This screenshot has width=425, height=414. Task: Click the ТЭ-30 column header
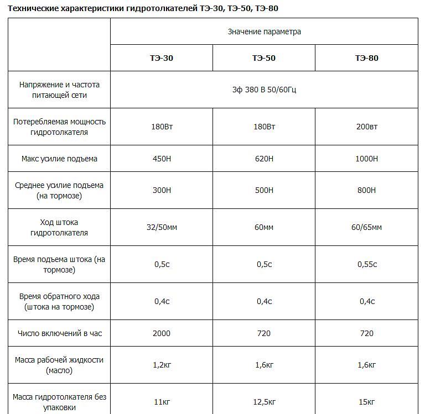[162, 58]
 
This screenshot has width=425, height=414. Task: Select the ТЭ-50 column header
[264, 58]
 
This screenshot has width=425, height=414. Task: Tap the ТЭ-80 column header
[366, 58]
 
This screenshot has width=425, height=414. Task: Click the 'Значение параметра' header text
[264, 32]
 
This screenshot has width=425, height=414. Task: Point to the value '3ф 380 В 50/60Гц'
[264, 90]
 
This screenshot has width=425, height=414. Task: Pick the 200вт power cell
[366, 127]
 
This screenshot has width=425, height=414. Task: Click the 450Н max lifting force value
[162, 159]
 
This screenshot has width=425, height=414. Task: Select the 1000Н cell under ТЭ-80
[366, 159]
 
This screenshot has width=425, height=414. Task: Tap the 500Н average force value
[264, 191]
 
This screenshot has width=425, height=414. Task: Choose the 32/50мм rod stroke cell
[162, 227]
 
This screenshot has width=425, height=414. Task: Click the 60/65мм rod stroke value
[366, 227]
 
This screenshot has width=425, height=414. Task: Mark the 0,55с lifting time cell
[366, 264]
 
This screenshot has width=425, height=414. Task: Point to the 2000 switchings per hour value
[162, 333]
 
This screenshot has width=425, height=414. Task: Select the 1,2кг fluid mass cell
[162, 365]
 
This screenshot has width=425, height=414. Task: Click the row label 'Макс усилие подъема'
[59, 159]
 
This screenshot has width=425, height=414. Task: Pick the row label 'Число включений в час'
[59, 333]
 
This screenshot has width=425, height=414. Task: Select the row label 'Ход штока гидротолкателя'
[59, 227]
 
